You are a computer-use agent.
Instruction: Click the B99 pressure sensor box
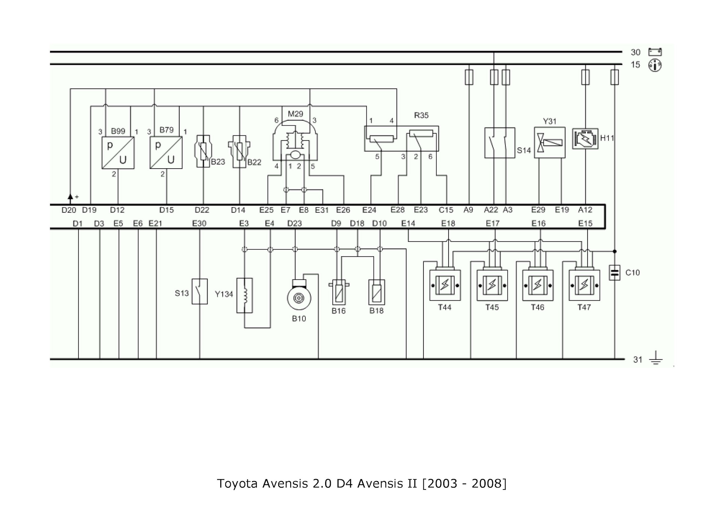[x=118, y=153]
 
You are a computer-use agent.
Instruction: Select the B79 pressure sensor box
[x=166, y=153]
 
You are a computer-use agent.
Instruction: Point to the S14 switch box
[x=499, y=143]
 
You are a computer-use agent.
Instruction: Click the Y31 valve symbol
[x=549, y=142]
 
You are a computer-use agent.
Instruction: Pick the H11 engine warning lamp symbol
[x=585, y=139]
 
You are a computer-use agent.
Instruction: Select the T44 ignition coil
[x=445, y=285]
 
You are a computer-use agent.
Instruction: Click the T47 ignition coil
[x=584, y=285]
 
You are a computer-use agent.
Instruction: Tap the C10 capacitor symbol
[x=614, y=273]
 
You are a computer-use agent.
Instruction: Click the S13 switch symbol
[x=199, y=291]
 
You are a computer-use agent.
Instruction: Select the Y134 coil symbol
[x=244, y=295]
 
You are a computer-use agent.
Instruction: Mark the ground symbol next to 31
[x=655, y=359]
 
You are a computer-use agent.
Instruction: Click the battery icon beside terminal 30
[x=655, y=52]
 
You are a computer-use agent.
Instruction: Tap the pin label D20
[x=69, y=210]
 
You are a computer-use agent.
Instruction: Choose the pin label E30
[x=199, y=224]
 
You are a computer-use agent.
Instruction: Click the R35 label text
[x=421, y=115]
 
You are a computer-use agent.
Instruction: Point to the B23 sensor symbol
[x=203, y=151]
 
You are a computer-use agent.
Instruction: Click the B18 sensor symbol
[x=376, y=292]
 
